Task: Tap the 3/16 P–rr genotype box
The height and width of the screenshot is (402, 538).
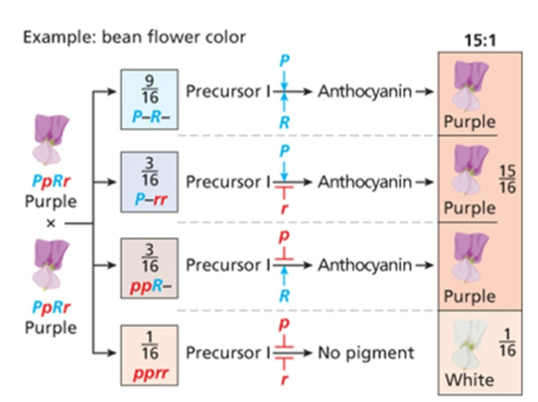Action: point(147,181)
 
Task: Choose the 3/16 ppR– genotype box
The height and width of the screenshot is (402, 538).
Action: point(147,265)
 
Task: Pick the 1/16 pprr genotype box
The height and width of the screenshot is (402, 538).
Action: point(147,351)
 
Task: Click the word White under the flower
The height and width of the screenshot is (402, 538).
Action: point(467,378)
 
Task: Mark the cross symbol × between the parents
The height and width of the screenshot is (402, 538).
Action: point(47,224)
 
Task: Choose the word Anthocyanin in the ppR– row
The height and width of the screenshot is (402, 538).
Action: point(358,265)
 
